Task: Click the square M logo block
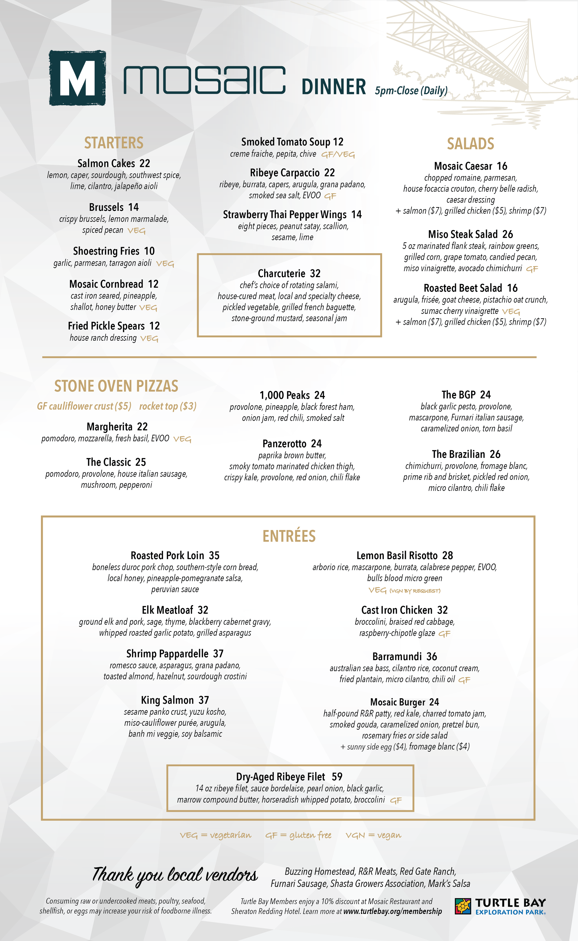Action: click(x=77, y=78)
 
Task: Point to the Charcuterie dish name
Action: click(x=281, y=274)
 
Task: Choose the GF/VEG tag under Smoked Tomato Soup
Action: click(x=338, y=154)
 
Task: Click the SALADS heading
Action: click(x=470, y=144)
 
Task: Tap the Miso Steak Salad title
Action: click(x=463, y=234)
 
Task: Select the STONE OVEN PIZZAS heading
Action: click(x=116, y=386)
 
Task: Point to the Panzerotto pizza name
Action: click(x=284, y=444)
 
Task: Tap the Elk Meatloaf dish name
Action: click(x=167, y=610)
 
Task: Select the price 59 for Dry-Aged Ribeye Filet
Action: click(x=337, y=777)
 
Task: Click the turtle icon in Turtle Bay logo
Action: click(x=463, y=906)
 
